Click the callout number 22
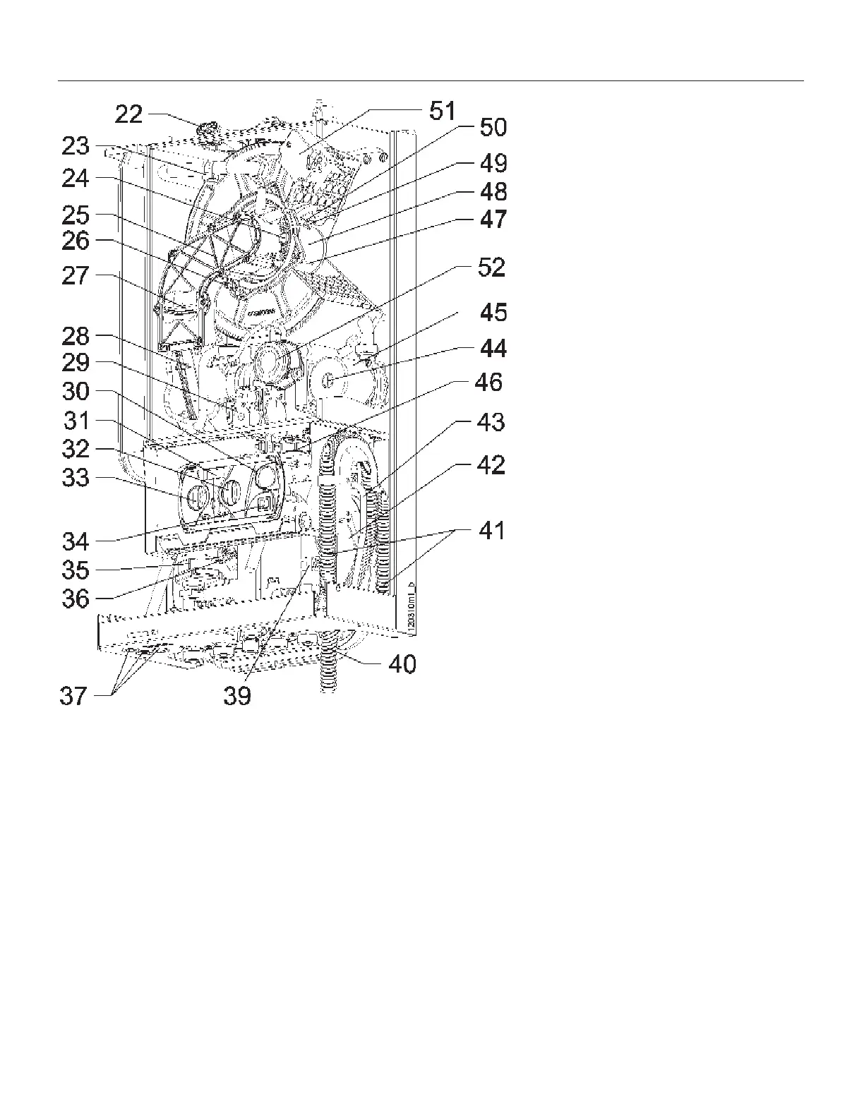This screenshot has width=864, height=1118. [x=128, y=114]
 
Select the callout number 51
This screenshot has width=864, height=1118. [x=443, y=112]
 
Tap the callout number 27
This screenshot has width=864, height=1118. [x=76, y=275]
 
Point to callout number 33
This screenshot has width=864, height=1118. [x=76, y=478]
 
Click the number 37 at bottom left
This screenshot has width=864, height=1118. [x=73, y=696]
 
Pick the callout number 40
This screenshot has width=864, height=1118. [x=402, y=663]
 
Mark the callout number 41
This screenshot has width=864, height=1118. [x=491, y=529]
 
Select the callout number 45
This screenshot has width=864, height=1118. [x=491, y=312]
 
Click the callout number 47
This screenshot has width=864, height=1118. [x=493, y=219]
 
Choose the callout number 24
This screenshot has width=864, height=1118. [x=76, y=179]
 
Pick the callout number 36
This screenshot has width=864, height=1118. [x=76, y=599]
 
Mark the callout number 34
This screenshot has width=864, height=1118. [x=76, y=541]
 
